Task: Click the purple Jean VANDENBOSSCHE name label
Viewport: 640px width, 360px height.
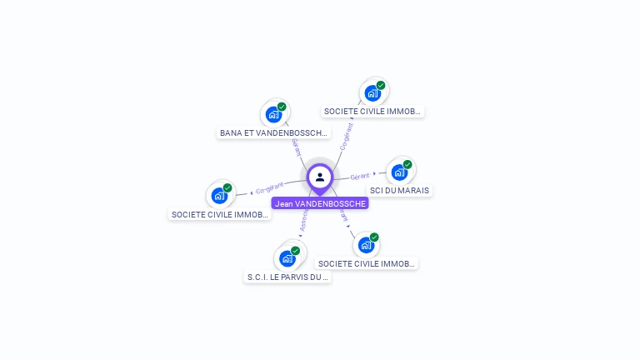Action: click(x=320, y=203)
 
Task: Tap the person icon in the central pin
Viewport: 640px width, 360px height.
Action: click(x=320, y=177)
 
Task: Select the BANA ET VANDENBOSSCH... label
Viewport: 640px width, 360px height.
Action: click(x=274, y=132)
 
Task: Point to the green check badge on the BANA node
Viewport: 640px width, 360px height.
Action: click(x=282, y=107)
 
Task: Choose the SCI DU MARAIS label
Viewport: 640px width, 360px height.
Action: click(x=399, y=190)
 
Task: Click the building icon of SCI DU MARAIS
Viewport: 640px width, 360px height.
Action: click(x=398, y=172)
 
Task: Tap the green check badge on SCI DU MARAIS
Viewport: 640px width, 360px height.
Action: click(x=407, y=165)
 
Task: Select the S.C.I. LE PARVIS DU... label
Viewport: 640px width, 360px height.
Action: click(x=288, y=277)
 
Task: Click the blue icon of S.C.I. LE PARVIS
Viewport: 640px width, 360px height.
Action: click(x=287, y=258)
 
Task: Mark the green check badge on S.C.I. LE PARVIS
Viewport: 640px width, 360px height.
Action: click(x=297, y=250)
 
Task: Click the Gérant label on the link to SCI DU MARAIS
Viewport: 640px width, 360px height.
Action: click(x=359, y=177)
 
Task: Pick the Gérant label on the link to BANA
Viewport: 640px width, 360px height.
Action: click(x=296, y=148)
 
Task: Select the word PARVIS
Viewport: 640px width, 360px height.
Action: click(x=299, y=277)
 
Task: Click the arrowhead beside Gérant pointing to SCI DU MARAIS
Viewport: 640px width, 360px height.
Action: click(x=374, y=174)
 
